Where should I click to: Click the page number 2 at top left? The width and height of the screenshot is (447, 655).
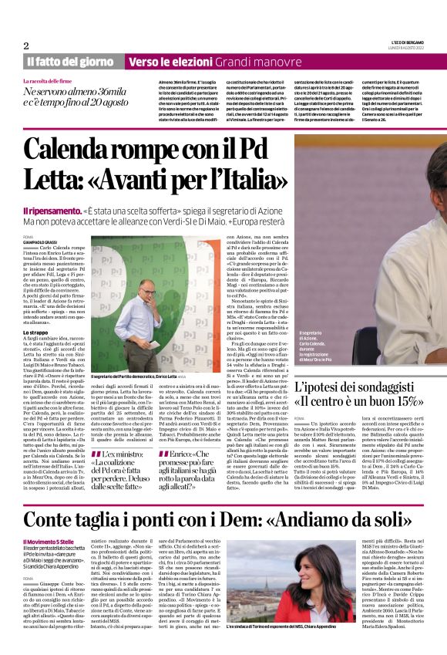tap(25, 46)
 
